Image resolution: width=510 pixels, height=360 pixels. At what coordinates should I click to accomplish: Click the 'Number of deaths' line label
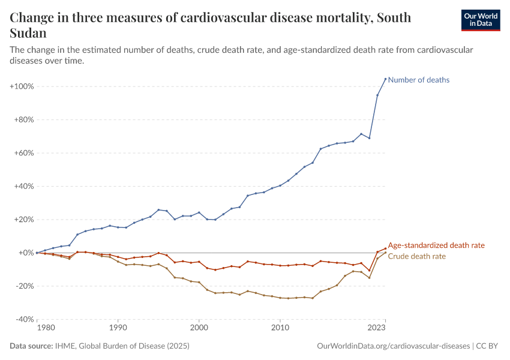coord(419,80)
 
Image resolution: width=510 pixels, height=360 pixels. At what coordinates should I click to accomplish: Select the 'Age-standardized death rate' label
coord(436,245)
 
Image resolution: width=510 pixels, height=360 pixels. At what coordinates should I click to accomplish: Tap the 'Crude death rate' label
coord(417,256)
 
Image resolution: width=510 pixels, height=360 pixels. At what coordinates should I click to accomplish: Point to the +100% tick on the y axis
coord(22,86)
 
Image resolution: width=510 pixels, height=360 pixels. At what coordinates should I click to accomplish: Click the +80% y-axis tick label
coord(23,120)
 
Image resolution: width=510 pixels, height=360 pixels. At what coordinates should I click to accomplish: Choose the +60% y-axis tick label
coord(23,153)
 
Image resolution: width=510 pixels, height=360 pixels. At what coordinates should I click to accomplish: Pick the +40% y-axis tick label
coord(23,187)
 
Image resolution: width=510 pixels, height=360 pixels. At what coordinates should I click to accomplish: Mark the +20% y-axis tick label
coord(23,220)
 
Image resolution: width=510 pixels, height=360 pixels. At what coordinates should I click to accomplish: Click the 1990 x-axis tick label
coord(118,328)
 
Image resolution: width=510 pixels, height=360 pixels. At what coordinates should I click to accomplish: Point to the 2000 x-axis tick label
coord(199,328)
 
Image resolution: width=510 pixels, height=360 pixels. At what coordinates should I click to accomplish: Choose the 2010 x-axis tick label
coord(280,328)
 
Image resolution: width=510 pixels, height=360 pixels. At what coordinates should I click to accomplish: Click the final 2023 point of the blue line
coord(385,79)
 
